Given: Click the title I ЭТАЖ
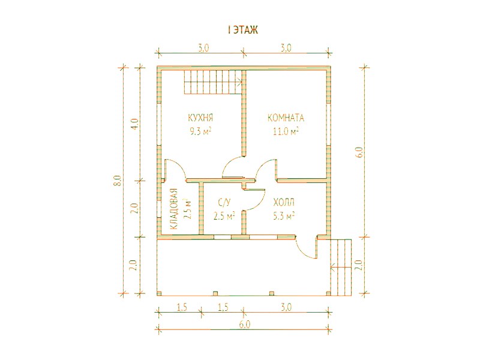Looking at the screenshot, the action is (244, 30).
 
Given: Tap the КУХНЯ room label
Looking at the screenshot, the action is (200, 118).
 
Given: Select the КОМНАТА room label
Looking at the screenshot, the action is (286, 118).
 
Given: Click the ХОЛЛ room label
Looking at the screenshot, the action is (284, 202).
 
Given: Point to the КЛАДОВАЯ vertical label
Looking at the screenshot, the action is (173, 209).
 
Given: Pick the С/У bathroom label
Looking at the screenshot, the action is (224, 202).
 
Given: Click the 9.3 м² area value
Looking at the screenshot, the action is (201, 131).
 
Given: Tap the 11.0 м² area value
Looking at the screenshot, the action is (286, 131).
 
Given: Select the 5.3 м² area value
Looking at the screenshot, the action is (284, 216).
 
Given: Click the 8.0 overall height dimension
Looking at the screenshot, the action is (119, 181).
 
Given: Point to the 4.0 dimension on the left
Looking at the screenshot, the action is (136, 124).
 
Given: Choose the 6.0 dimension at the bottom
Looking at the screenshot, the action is (245, 324).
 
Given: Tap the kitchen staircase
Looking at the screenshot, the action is (213, 82).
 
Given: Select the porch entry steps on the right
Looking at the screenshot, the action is (341, 267).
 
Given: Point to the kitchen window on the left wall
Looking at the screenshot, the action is (159, 124).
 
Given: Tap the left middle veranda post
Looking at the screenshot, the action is (215, 293).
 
